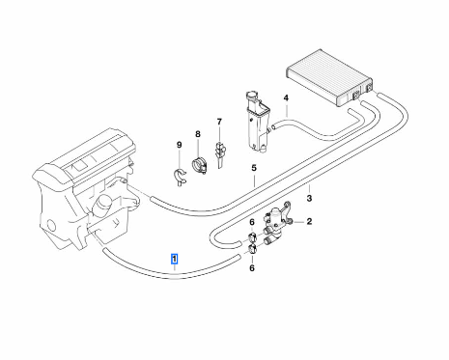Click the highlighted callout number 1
coord(175,259)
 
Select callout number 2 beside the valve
coord(309,221)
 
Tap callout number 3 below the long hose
coord(309,198)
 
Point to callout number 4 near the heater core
coord(286,97)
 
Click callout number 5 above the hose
coord(254,168)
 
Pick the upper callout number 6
coord(252,222)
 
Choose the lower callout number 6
coord(252,267)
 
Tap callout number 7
coord(219,122)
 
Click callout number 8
coord(198,134)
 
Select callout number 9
coord(180,145)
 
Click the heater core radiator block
coord(329,77)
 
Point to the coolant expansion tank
coord(258,122)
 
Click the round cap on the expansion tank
coord(251,96)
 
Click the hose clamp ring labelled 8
coord(200,165)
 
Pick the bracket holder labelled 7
coord(220,154)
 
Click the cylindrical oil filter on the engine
coord(102,205)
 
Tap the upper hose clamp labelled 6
coord(252,238)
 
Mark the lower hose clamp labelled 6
coord(252,250)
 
